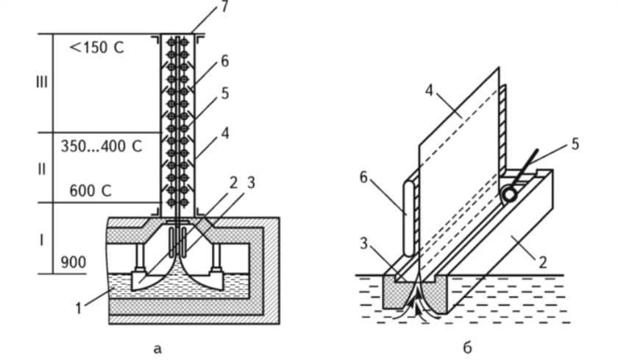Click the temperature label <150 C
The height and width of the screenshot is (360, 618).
(96, 47)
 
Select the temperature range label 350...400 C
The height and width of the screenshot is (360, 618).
(102, 147)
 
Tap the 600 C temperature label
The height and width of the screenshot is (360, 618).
(90, 191)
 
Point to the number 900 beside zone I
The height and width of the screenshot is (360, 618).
(74, 262)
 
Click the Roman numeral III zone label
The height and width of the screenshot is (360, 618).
(41, 82)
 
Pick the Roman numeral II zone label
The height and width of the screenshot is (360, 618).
(41, 169)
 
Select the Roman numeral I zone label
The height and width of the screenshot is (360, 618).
(41, 240)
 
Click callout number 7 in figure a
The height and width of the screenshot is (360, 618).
(224, 7)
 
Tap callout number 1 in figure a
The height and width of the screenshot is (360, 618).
(79, 308)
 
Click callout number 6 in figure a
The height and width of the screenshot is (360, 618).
(224, 62)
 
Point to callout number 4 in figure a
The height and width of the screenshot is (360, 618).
(225, 133)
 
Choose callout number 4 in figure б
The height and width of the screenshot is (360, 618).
(429, 91)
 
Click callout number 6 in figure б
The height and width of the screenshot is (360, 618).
(363, 177)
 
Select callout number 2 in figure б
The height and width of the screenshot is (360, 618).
(543, 262)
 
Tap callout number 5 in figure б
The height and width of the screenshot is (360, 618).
(575, 144)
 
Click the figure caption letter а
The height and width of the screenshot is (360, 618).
(157, 348)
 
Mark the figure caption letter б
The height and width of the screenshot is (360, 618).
(467, 347)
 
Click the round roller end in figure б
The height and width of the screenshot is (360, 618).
(509, 195)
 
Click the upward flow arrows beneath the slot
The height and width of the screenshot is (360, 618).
(416, 303)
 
